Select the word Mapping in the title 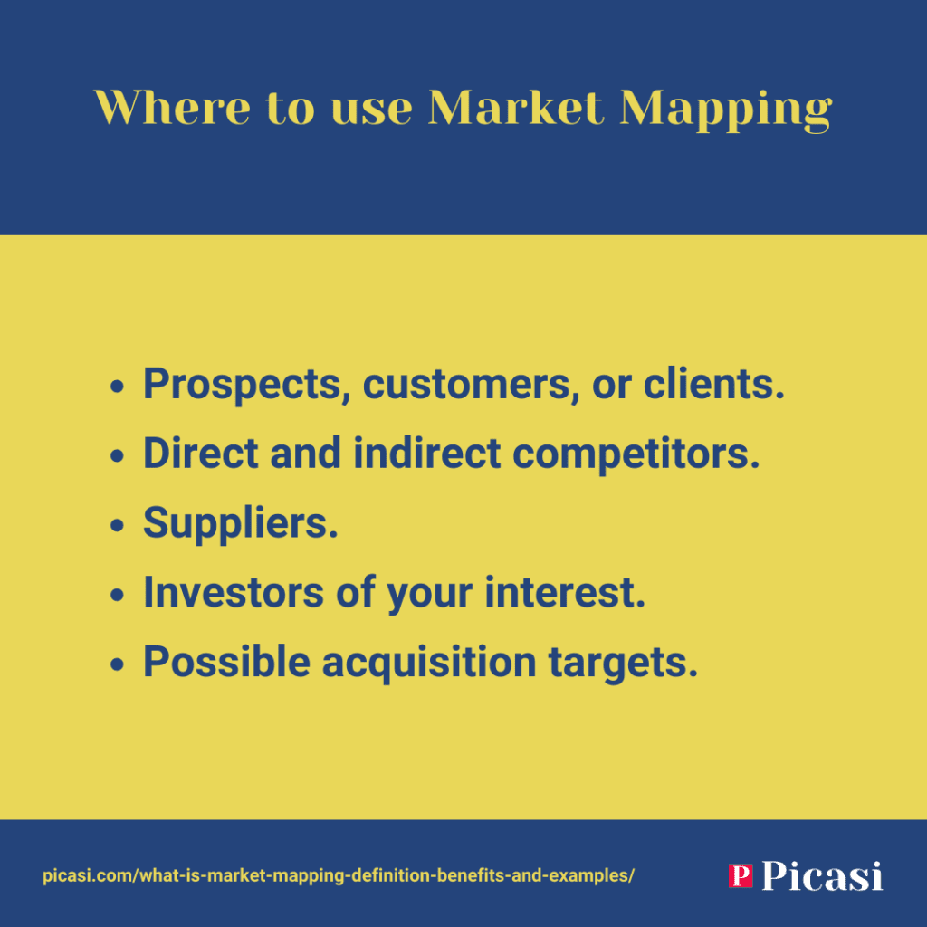[x=726, y=110]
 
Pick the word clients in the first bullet [x=714, y=384]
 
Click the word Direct [x=201, y=453]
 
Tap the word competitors [x=636, y=455]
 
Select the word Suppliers [x=241, y=524]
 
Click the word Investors [x=234, y=592]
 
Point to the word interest [x=565, y=592]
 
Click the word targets [x=623, y=664]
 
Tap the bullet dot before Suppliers [x=117, y=525]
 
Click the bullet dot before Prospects [x=117, y=387]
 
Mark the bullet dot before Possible [x=117, y=664]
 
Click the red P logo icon [x=741, y=875]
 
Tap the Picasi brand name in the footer [x=822, y=875]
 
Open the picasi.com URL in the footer [x=339, y=875]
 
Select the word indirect [x=427, y=453]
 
